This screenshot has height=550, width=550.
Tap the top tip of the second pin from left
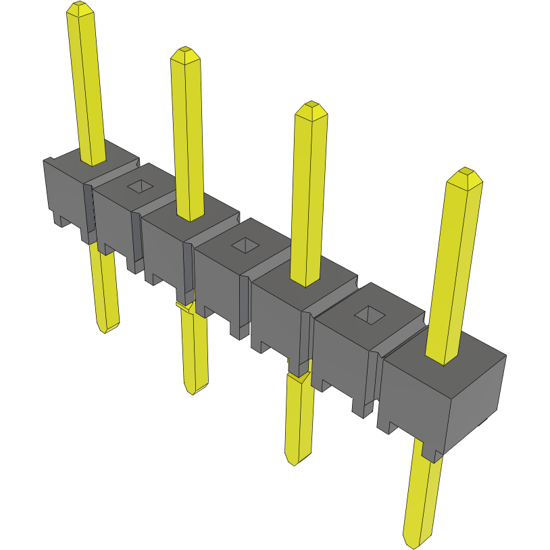click(184, 53)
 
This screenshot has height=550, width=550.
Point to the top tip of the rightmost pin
click(465, 173)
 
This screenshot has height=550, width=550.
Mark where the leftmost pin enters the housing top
click(93, 160)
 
